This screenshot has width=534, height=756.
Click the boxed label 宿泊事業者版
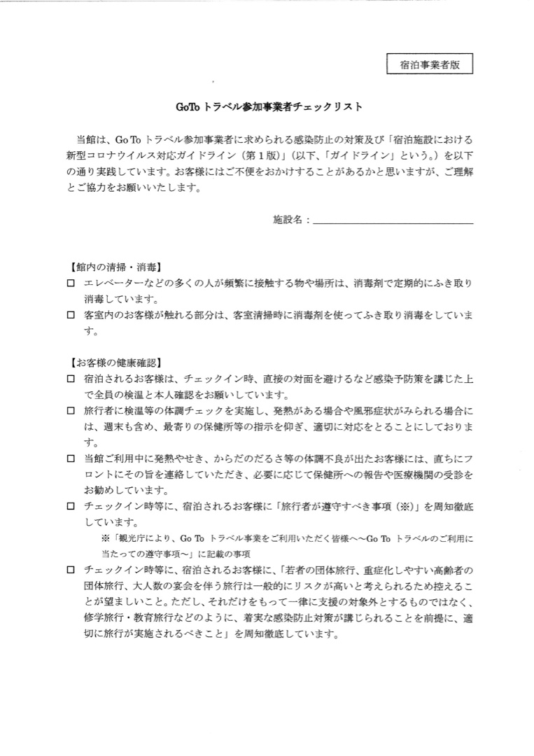[430, 65]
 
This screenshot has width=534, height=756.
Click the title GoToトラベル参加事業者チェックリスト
[267, 108]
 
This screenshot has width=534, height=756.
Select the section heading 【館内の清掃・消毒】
[115, 267]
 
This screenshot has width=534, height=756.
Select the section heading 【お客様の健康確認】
[115, 363]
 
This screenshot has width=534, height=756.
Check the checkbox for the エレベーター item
[70, 283]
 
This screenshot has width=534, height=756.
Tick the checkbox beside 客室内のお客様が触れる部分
[70, 316]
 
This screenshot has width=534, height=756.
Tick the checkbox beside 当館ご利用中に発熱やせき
[70, 459]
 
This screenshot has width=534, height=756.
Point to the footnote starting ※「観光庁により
[287, 545]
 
